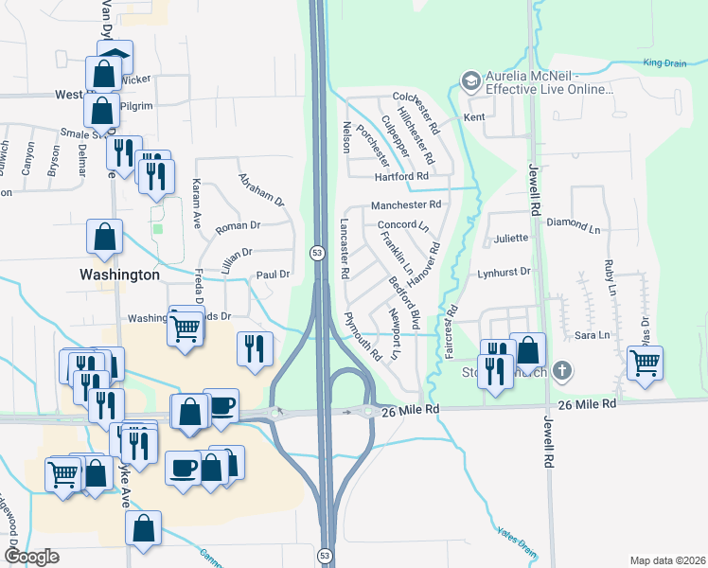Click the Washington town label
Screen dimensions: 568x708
pos(119,275)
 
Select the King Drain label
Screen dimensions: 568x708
pos(664,63)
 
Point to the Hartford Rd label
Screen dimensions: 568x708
pos(401,176)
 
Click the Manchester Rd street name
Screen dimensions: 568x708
pos(406,204)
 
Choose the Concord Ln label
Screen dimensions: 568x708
pos(403,225)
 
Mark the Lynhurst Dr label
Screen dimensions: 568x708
pos(504,272)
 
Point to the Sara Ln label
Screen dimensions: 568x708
pos(592,335)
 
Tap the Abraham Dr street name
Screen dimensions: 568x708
pos(261,189)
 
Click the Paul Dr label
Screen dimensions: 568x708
pos(272,275)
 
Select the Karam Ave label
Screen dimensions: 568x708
pos(198,203)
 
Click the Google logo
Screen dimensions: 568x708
pos(31,557)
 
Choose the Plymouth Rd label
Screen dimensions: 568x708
pos(362,337)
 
